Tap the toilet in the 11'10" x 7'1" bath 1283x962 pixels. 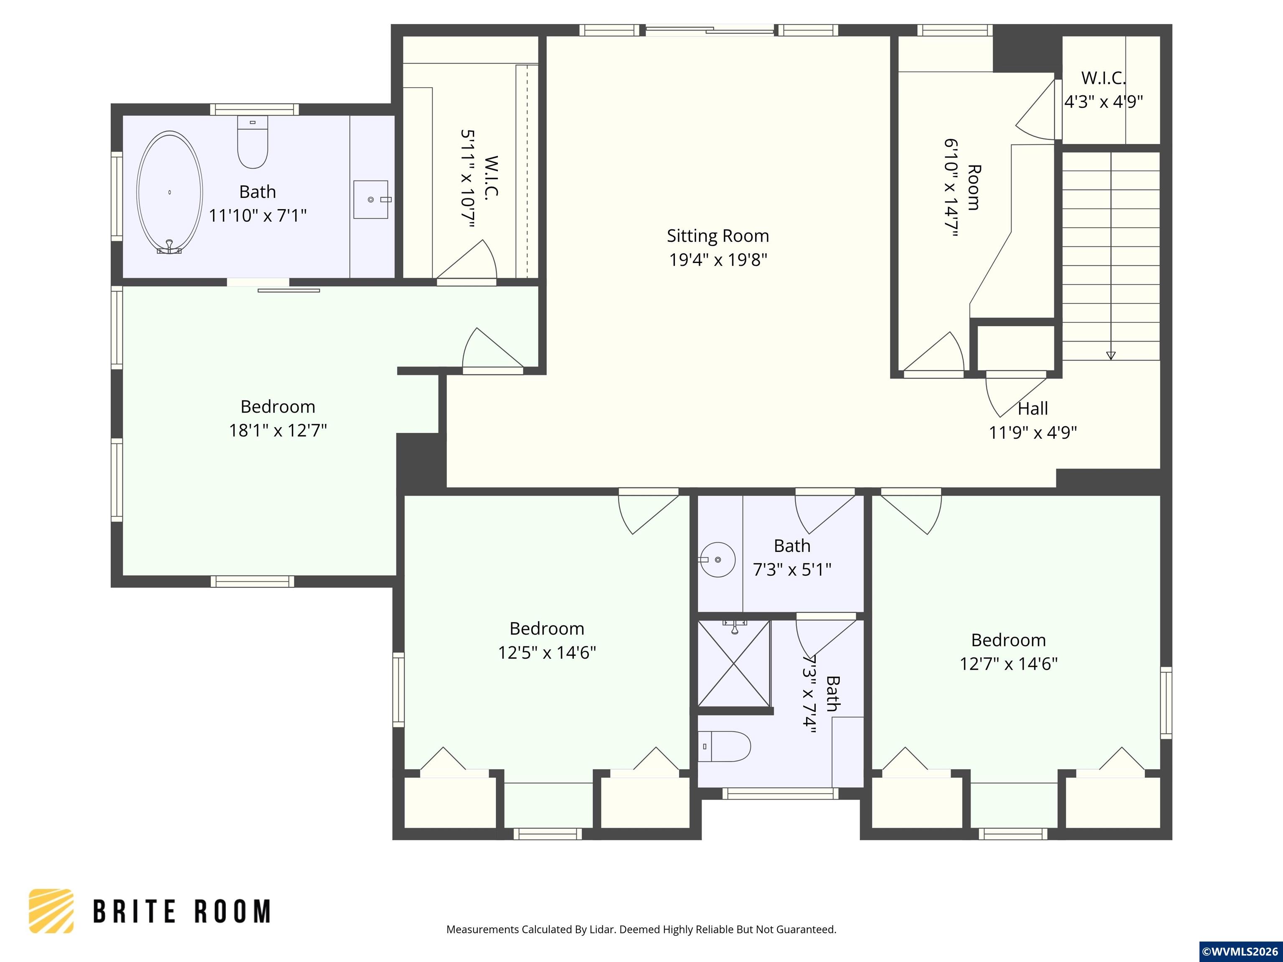tap(253, 142)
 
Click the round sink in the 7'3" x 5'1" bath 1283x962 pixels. tap(718, 559)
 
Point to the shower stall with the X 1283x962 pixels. tap(734, 664)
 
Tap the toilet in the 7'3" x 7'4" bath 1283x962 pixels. tap(725, 746)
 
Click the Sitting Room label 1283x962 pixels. tap(718, 235)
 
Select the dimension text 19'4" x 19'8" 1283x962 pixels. tap(718, 260)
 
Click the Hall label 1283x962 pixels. tap(1032, 408)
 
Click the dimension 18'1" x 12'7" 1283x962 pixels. tap(278, 430)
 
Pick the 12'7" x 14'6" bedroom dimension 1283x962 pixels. tap(1009, 663)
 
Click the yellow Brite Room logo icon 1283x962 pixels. tap(51, 911)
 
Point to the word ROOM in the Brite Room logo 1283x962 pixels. tap(232, 911)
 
